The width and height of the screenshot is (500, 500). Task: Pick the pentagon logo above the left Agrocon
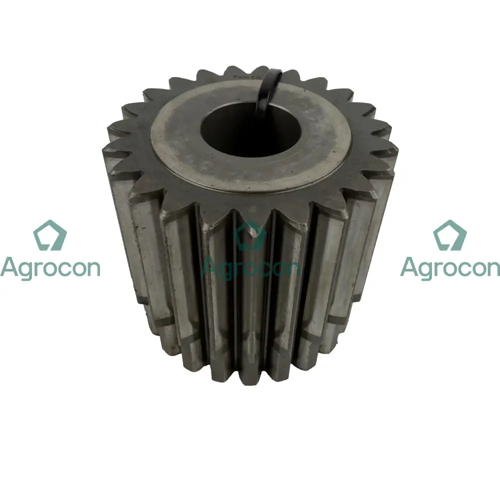[50, 235]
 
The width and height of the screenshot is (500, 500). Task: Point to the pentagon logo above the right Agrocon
[450, 235]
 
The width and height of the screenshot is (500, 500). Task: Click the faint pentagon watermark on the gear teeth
[250, 235]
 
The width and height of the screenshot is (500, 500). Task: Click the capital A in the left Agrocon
[9, 266]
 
